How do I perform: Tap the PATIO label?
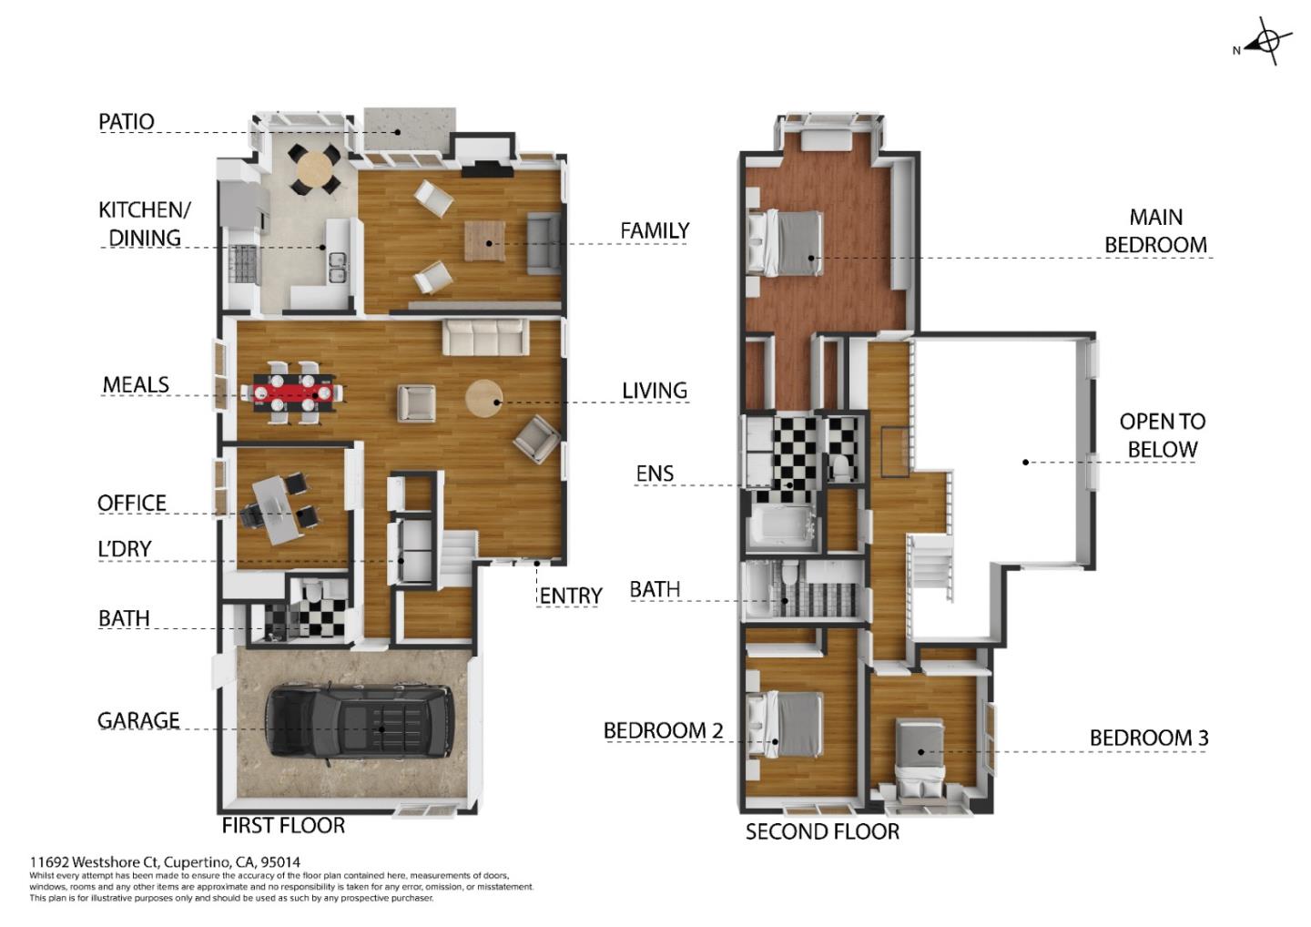127,121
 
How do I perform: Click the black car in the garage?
359,721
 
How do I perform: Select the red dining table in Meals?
291,392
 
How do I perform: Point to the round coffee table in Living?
483,398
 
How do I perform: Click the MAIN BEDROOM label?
1155,230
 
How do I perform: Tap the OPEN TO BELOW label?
1162,434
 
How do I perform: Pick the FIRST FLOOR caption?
283,825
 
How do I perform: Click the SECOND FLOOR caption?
822,831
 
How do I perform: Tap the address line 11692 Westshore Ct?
165,861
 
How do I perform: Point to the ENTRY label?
570,596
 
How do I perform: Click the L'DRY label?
125,548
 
